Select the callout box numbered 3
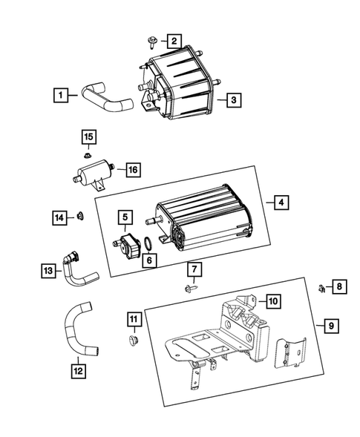tap(233, 99)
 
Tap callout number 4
tap(278, 201)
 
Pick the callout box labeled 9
tap(321, 325)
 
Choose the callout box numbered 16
tap(132, 170)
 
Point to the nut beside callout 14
tap(81, 217)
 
